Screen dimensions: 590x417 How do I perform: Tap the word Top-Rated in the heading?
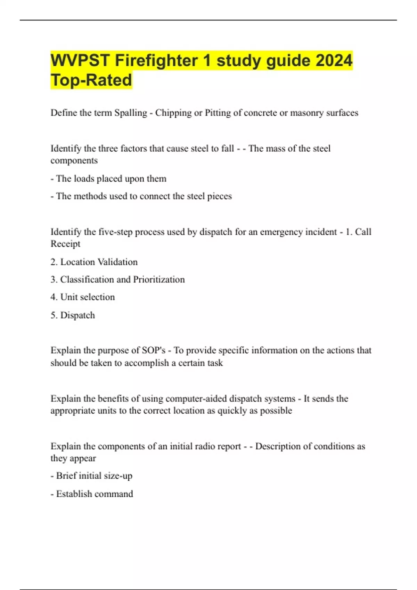click(91, 80)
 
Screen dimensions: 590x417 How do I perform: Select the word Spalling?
click(131, 113)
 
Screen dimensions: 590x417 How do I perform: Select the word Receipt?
click(65, 244)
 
